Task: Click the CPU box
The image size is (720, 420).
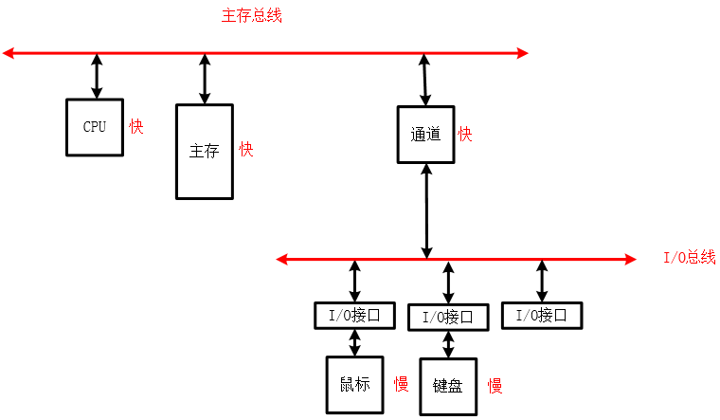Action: point(94,127)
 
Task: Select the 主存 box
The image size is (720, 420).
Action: point(204,152)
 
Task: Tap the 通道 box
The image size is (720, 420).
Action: point(425,135)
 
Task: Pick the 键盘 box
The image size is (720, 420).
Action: point(447,387)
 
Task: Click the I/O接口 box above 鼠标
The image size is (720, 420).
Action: point(353,316)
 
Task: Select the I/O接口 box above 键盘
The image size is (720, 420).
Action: point(447,318)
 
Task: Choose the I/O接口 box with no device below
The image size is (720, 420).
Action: point(541,316)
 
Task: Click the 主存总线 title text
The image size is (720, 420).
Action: point(251,16)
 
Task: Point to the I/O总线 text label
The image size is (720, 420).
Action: point(689,258)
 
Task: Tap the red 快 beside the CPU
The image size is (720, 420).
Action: point(136,126)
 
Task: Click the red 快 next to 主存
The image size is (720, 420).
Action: point(246,150)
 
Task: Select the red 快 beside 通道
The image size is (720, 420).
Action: point(465,135)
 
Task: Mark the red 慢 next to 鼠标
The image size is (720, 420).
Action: point(401,384)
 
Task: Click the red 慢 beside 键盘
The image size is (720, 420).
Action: point(495,386)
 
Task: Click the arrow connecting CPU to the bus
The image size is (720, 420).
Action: point(97,77)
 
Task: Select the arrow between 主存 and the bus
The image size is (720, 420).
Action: point(205,79)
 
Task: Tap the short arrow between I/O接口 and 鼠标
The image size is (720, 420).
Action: point(353,342)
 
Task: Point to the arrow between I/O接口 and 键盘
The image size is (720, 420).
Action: point(448,344)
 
